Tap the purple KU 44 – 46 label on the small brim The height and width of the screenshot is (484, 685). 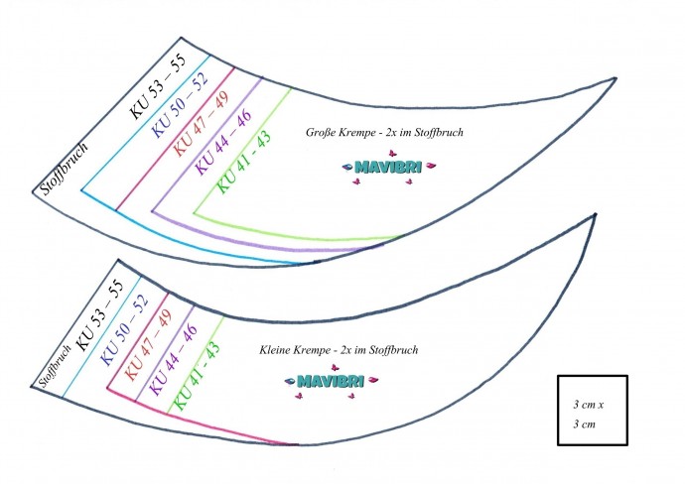(171, 360)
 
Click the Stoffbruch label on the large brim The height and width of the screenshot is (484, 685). (65, 167)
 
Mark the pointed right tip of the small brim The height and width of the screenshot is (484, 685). (595, 215)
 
